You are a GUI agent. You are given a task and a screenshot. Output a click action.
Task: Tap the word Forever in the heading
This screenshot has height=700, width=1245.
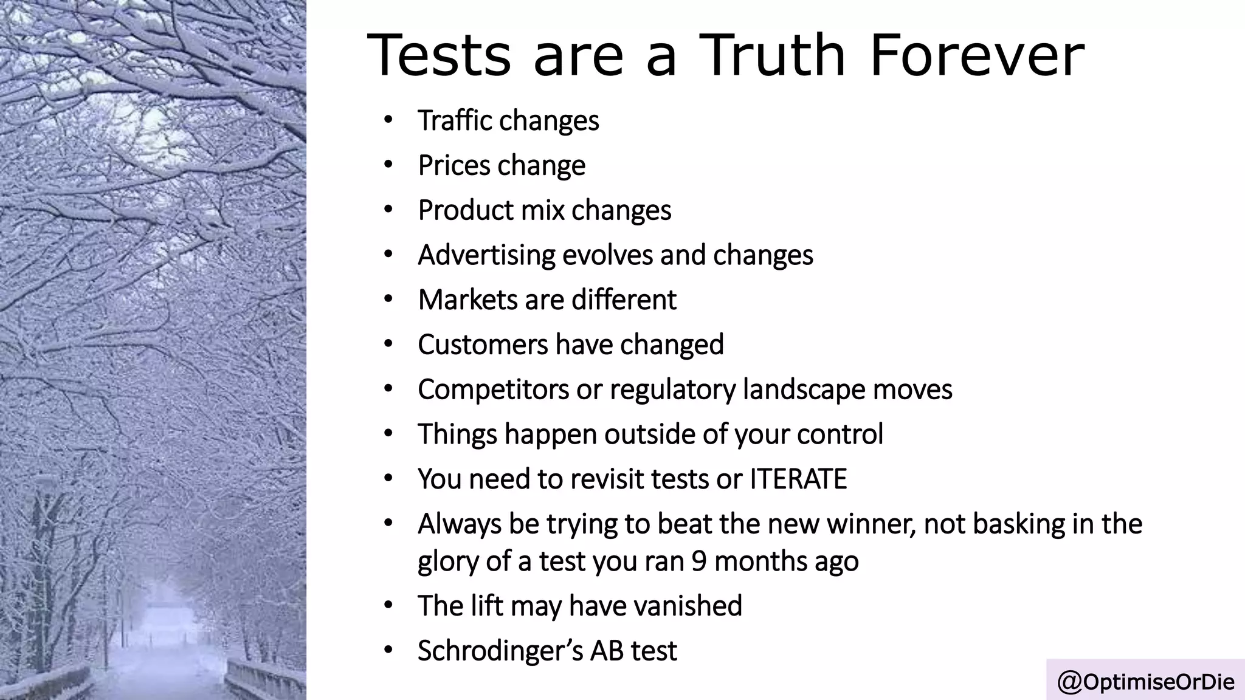point(977,56)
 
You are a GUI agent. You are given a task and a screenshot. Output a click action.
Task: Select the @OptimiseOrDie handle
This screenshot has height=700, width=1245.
point(1146,682)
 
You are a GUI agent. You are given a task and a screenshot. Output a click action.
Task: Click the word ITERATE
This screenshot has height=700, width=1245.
point(798,479)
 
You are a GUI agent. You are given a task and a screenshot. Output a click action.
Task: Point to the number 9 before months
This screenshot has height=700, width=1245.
point(698,561)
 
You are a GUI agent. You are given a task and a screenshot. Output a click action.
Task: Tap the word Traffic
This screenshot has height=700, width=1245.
point(455,120)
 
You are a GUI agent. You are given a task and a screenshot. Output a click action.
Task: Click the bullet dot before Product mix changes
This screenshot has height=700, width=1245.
point(388,210)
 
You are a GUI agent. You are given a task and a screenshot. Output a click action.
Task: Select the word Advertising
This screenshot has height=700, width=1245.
point(486,255)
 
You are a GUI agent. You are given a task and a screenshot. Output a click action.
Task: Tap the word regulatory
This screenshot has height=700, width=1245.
point(672,390)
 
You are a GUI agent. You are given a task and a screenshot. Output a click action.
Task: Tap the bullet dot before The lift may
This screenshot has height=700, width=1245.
point(388,606)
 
